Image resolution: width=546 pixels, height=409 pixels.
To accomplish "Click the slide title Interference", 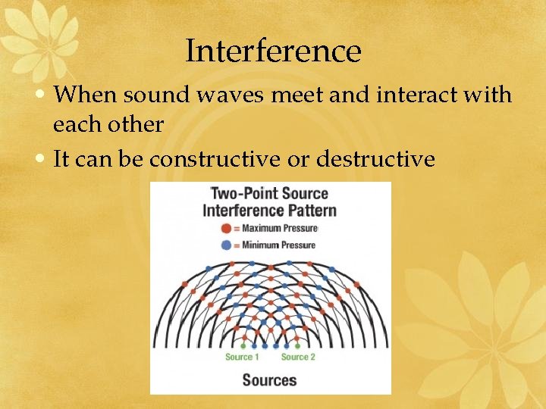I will click(x=273, y=52).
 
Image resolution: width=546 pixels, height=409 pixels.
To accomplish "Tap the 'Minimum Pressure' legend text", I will click(x=278, y=245).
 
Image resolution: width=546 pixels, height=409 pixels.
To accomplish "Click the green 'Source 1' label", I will click(x=243, y=357).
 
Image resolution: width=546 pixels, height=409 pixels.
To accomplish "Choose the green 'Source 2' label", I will click(x=298, y=357).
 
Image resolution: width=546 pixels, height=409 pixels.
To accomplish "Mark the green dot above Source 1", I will click(x=243, y=346).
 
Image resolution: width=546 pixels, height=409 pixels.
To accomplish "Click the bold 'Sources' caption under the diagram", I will click(x=270, y=379).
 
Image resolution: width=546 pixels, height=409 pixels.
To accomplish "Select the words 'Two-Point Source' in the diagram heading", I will click(x=269, y=193).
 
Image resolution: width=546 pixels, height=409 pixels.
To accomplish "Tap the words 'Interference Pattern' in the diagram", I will click(x=269, y=210).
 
